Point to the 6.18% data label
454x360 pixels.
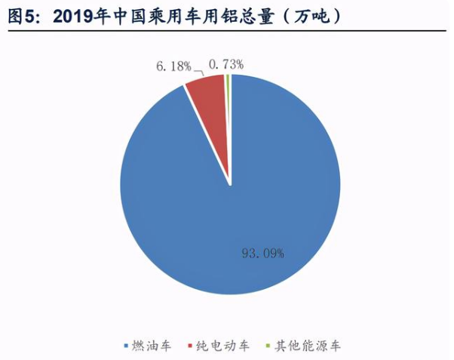173,66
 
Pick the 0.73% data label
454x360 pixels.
226,64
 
